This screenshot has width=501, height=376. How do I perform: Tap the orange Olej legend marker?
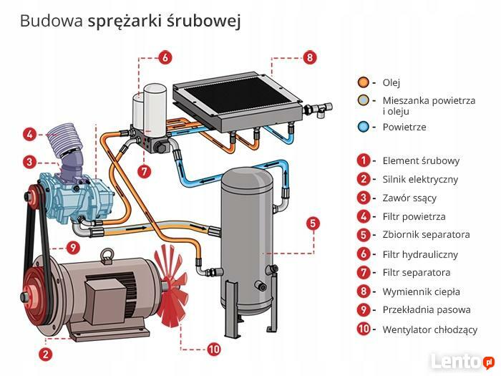[364, 82]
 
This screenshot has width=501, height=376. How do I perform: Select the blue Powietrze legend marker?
[364, 127]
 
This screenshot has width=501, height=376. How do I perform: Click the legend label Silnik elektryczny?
[420, 179]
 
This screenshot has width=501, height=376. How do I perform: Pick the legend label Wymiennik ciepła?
[421, 291]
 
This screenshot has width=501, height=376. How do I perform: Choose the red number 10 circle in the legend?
[364, 329]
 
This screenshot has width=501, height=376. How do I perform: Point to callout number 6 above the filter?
[163, 57]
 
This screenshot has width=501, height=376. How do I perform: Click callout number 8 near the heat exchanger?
[309, 57]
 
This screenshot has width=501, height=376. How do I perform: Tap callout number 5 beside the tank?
[313, 223]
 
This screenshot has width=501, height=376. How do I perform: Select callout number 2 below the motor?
[45, 353]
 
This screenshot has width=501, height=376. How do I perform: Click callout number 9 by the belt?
[72, 247]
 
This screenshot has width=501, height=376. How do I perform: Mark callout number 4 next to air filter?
[29, 134]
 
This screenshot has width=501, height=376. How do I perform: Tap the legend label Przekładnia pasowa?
[427, 310]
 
